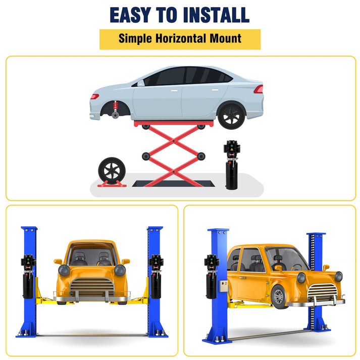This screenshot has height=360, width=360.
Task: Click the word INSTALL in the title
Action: click(216, 15)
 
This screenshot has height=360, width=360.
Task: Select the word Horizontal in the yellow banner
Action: click(180, 38)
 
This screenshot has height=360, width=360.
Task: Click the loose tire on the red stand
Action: click(112, 171)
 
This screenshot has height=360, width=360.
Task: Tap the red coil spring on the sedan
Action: click(116, 106)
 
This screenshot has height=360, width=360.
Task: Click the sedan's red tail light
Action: click(259, 89)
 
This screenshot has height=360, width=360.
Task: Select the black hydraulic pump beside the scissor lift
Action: click(232, 165)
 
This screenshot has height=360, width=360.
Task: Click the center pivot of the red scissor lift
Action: click(174, 141)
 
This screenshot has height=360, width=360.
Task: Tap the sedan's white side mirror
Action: click(140, 83)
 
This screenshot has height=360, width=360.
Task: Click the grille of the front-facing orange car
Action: click(92, 287)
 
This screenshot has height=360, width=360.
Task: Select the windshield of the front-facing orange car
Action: click(92, 253)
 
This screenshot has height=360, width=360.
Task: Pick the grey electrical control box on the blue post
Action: click(223, 286)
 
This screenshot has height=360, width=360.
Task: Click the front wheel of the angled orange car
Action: click(279, 297)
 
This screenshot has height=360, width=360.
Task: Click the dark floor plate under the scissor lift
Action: click(173, 183)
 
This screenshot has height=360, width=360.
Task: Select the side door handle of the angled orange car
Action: click(242, 278)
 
